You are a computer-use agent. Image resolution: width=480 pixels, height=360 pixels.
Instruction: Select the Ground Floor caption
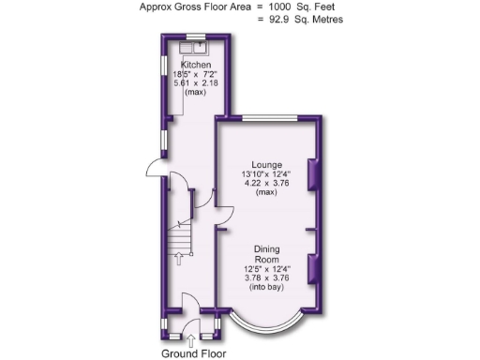click(193, 352)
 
